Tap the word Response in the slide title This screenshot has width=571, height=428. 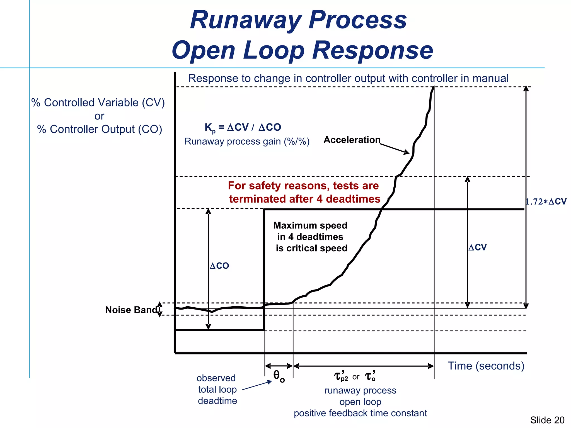tap(373, 50)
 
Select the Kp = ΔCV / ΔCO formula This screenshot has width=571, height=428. tap(243, 128)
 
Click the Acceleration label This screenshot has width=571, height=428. tap(352, 140)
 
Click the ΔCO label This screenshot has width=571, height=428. tap(219, 266)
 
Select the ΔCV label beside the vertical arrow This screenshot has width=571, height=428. tap(478, 247)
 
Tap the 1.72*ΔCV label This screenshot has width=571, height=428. tap(546, 201)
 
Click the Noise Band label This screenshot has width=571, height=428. tap(131, 310)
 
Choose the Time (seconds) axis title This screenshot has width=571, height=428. tap(486, 366)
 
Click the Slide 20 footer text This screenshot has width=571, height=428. tap(547, 420)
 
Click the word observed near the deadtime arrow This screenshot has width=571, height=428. tap(216, 378)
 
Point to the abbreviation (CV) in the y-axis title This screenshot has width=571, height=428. tap(153, 103)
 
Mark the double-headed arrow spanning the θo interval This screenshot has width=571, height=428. tap(279, 366)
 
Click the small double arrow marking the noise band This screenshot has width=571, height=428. tap(159, 309)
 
